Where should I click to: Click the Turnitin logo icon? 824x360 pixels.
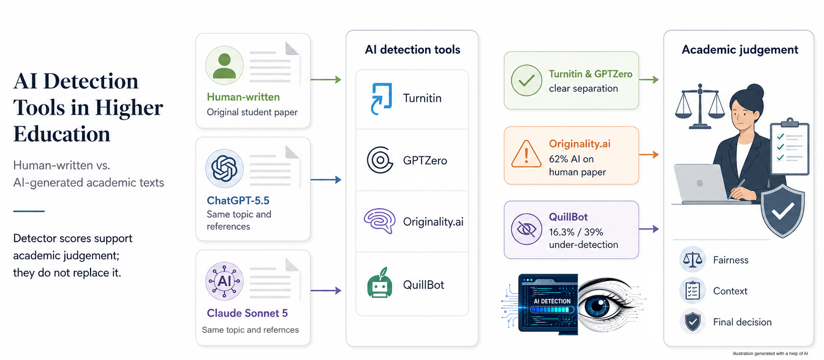click(x=381, y=99)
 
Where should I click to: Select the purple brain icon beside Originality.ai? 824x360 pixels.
click(x=380, y=221)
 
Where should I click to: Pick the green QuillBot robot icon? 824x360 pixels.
click(x=380, y=283)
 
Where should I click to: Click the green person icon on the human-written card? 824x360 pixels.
click(x=224, y=65)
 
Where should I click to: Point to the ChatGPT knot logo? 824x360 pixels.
click(x=224, y=169)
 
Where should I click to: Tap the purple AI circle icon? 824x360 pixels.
click(x=224, y=281)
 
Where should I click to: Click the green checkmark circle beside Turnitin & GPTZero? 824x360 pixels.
click(x=526, y=80)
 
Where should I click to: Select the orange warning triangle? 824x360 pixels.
click(x=526, y=154)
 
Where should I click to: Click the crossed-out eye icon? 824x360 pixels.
click(x=526, y=229)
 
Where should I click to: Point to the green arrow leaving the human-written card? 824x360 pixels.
click(x=326, y=79)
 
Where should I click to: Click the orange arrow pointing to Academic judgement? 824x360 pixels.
click(x=649, y=154)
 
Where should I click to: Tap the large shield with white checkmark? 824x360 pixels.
click(x=782, y=210)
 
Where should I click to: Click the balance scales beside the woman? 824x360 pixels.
click(x=700, y=107)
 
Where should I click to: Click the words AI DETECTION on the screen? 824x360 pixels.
click(x=552, y=301)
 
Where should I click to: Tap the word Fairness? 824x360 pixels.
click(x=730, y=260)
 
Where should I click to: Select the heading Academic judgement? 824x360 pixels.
click(x=740, y=50)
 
